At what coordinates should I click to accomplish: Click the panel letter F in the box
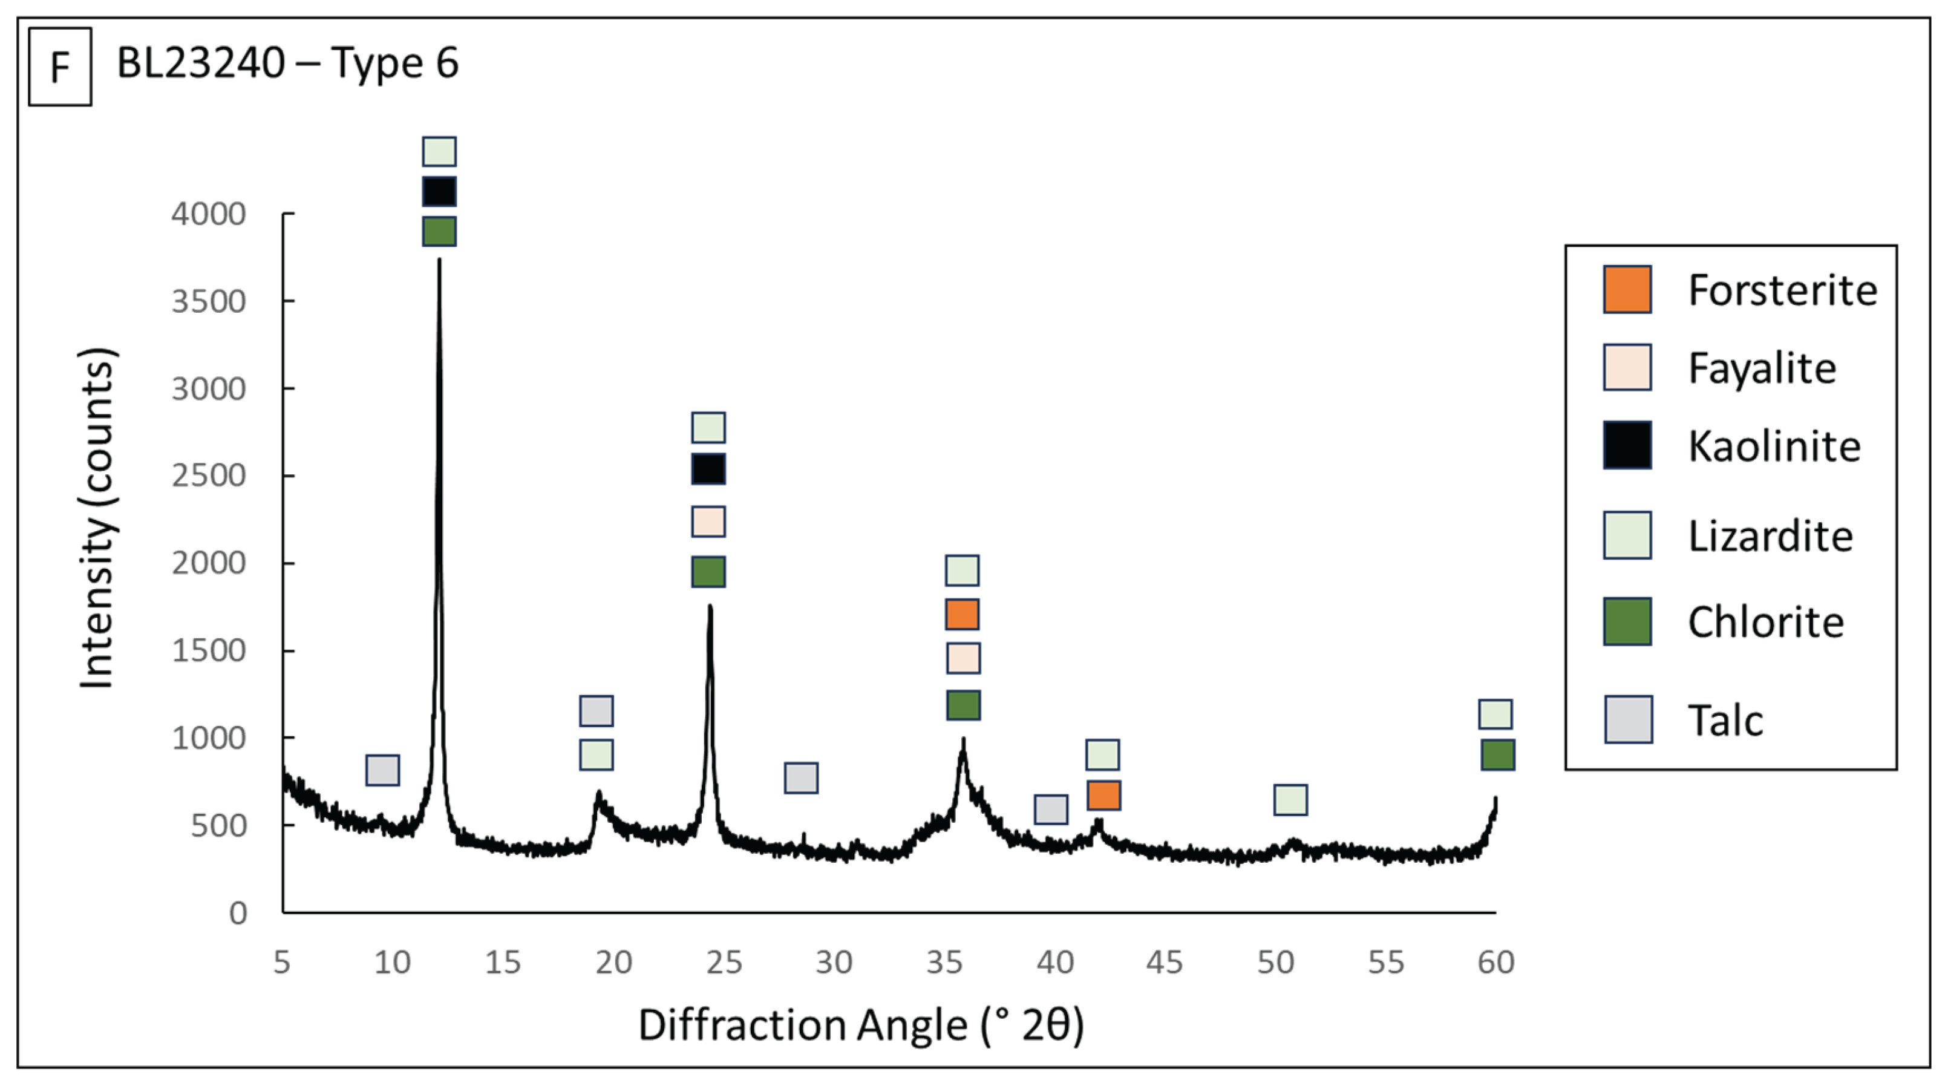(60, 67)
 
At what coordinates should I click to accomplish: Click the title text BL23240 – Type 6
(287, 63)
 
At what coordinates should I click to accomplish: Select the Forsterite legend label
(1782, 290)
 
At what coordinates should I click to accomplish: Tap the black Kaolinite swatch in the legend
(1627, 445)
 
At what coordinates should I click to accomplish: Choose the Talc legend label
(1725, 720)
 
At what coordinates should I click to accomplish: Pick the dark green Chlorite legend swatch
(1627, 622)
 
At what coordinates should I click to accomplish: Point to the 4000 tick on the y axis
(209, 214)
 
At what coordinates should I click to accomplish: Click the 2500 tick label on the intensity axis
(209, 476)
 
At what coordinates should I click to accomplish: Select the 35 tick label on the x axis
(944, 962)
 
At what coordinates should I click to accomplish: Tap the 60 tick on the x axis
(1495, 962)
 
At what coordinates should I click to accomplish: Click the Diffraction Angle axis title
(860, 1025)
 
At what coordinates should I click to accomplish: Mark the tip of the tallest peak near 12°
(439, 261)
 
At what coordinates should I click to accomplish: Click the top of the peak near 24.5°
(709, 606)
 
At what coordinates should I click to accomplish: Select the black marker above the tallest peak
(439, 191)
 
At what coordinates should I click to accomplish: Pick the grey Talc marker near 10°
(382, 770)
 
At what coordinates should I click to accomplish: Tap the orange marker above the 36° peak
(963, 614)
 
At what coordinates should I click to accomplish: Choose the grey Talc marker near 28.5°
(801, 777)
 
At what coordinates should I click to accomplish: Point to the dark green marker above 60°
(1497, 755)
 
